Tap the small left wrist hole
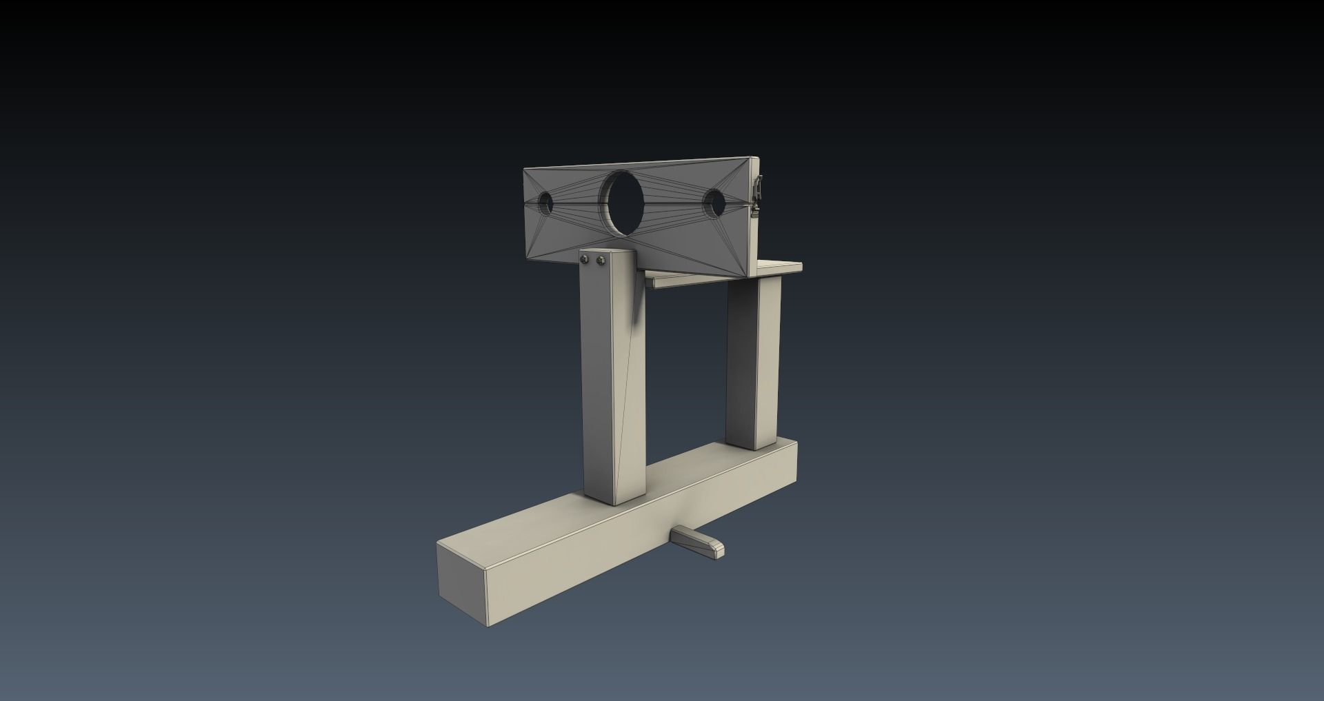tap(546, 203)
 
